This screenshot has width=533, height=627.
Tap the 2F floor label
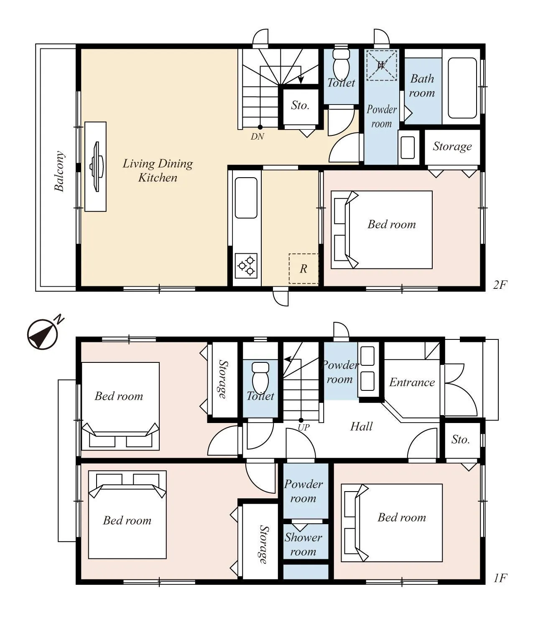tap(500, 285)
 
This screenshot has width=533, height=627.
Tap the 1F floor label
tap(500, 578)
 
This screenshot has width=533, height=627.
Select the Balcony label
tap(60, 171)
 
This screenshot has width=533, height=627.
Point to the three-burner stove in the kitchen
tap(246, 265)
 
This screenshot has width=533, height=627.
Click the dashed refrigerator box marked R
tap(303, 269)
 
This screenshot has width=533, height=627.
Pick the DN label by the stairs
tap(257, 136)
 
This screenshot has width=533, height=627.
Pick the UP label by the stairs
tap(303, 428)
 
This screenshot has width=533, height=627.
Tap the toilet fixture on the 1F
tap(260, 376)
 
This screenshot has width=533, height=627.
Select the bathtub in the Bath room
tap(462, 88)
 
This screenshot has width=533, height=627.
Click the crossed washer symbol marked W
tap(381, 65)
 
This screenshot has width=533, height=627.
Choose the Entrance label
tap(412, 382)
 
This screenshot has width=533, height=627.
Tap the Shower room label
tap(303, 544)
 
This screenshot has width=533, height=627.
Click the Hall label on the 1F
tap(361, 426)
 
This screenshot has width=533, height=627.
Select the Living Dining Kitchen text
tap(158, 171)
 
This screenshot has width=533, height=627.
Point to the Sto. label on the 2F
tap(300, 105)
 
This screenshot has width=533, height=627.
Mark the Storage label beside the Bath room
tap(452, 147)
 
